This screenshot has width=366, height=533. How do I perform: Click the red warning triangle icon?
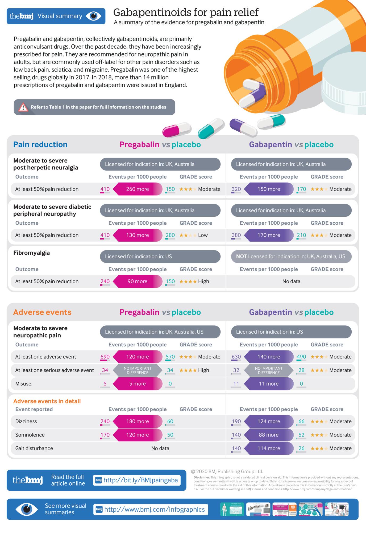point(23,107)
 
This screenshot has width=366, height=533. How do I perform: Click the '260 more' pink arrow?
point(137,189)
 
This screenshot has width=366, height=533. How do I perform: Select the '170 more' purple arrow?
point(269,235)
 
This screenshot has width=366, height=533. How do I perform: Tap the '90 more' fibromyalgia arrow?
point(137,281)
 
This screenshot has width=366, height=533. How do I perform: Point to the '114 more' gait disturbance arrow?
point(269,448)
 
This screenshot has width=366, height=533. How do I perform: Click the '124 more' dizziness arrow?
point(269,421)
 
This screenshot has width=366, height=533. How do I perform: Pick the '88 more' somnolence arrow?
point(269,435)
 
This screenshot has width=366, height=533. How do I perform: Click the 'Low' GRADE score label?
point(203,235)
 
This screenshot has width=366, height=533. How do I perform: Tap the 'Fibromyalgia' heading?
point(31,253)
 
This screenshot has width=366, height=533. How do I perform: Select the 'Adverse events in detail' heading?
point(47,401)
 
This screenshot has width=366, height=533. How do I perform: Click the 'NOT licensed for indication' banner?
point(291,256)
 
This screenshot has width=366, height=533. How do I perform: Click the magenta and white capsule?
point(177,130)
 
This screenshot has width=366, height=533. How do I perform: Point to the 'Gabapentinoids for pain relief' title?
point(186,12)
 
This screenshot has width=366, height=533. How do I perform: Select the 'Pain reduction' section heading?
point(40,144)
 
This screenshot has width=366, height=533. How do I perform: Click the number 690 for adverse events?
point(105,357)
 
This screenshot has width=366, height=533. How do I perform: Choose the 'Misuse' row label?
point(23,383)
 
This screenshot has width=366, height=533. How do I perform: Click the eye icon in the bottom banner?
point(27,509)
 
